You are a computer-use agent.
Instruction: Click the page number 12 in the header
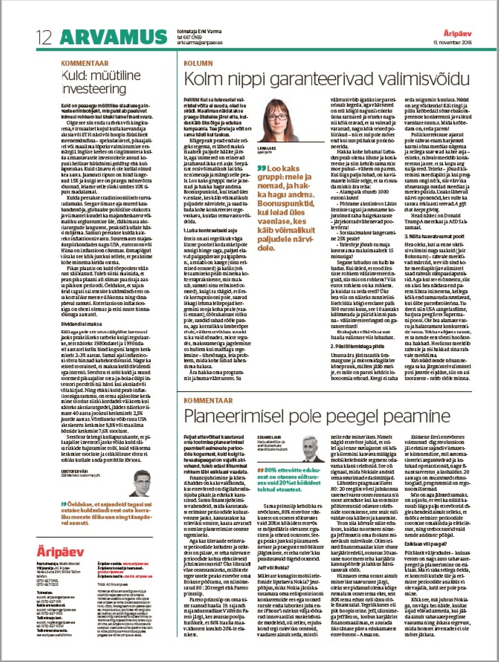click(44, 38)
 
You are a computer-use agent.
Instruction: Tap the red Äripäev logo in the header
click(457, 34)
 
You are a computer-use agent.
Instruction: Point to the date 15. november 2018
click(452, 43)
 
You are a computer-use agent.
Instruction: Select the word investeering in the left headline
click(94, 89)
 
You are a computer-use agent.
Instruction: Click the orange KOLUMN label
click(198, 63)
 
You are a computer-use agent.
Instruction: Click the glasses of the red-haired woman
click(277, 117)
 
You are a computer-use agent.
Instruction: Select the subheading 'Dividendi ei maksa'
click(81, 324)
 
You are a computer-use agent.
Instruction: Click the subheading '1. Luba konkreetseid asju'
click(210, 231)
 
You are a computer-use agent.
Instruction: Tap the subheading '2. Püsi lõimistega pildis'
click(353, 347)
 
